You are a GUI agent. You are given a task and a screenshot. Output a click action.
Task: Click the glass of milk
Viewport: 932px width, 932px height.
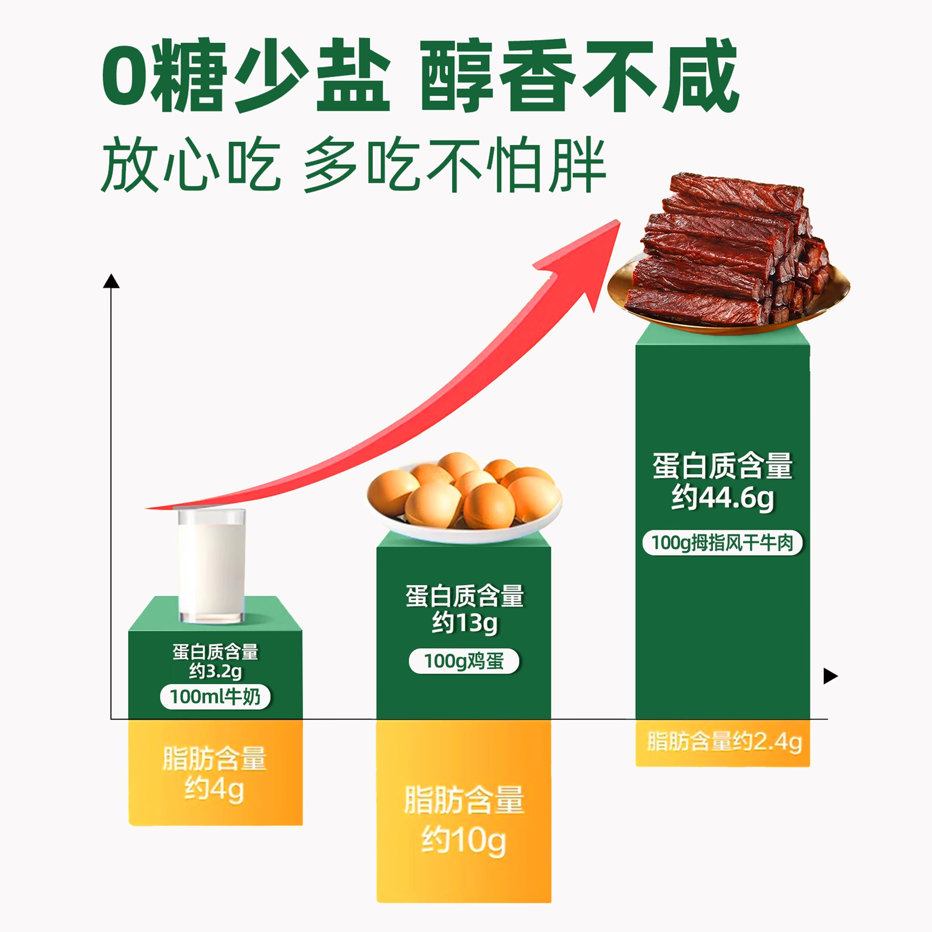click(x=212, y=565)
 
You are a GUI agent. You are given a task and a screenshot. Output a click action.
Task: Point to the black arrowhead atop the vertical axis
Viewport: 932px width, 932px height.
click(x=111, y=281)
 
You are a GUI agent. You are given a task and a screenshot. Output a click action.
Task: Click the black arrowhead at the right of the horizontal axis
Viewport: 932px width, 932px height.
click(x=830, y=676)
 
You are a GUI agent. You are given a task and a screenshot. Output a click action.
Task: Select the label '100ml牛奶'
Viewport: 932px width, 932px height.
click(x=215, y=697)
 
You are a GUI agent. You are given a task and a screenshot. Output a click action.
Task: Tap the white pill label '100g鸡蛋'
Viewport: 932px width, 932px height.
click(x=464, y=661)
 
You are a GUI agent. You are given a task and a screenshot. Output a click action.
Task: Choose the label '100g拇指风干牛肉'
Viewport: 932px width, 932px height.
click(x=722, y=543)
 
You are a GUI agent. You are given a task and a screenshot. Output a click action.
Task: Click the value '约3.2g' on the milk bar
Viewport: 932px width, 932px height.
click(x=215, y=671)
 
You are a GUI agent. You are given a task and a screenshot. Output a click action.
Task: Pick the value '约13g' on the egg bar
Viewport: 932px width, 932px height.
click(x=464, y=623)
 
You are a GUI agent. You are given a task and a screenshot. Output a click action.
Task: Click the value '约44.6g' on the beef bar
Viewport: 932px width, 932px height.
click(x=722, y=497)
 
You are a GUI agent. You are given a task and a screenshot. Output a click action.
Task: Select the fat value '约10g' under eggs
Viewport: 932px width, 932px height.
click(x=464, y=841)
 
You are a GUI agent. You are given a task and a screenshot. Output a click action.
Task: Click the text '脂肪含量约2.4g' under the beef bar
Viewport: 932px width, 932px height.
click(x=724, y=741)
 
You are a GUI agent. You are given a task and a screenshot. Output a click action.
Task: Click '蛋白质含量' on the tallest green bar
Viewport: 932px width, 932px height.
click(x=722, y=466)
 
